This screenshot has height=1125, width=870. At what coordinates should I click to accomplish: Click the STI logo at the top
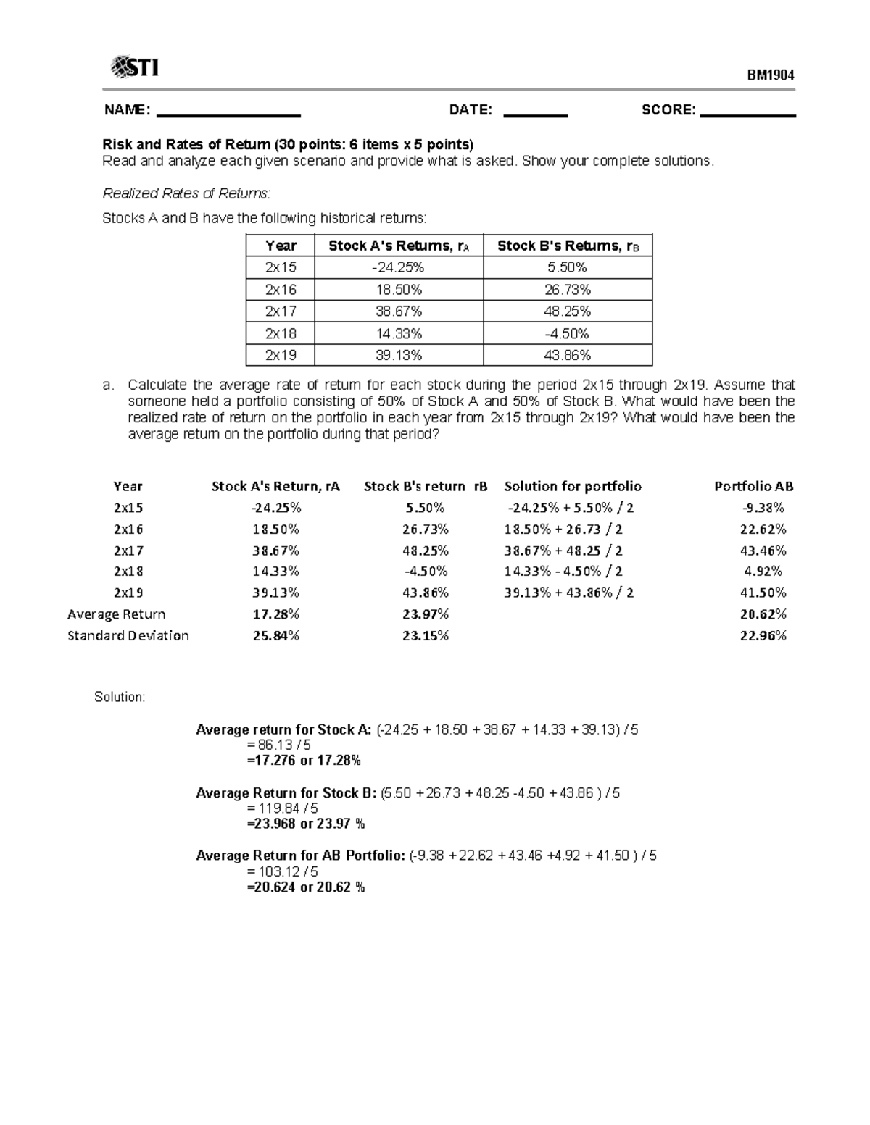(134, 68)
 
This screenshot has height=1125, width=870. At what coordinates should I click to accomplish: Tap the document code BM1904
(771, 75)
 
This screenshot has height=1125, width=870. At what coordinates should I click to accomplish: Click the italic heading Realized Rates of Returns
(186, 193)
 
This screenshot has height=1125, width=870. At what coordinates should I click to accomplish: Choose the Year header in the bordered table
(281, 246)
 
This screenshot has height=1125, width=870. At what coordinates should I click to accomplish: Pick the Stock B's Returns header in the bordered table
(568, 246)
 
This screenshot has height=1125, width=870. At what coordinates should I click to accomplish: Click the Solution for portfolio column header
(573, 486)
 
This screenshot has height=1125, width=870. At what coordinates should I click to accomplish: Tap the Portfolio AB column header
(753, 486)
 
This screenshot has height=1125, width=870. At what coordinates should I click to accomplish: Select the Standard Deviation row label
(128, 635)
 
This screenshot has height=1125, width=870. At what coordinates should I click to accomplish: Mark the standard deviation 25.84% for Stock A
(275, 635)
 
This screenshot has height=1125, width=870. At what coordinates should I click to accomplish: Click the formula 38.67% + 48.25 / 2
(563, 551)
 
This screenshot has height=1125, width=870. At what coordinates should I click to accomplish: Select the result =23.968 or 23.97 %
(306, 824)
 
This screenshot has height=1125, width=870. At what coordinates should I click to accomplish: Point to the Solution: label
(120, 697)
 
